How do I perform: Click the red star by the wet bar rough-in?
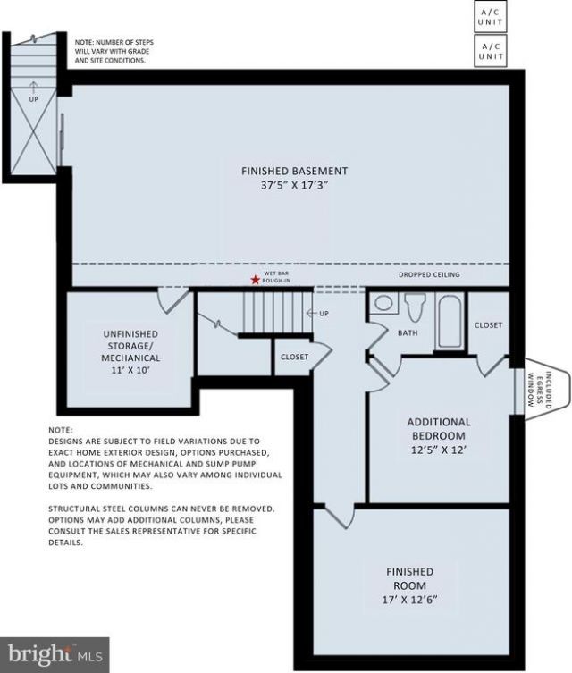256,280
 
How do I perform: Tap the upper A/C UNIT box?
491,17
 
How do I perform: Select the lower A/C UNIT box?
491,51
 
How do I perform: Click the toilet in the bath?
415,307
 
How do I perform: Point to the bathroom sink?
384,303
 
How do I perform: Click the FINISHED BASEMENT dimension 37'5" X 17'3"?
294,185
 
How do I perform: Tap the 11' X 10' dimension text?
130,369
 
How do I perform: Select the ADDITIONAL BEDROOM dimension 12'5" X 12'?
439,450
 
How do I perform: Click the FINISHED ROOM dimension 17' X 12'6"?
410,599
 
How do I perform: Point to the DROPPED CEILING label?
429,274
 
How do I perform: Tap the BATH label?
408,332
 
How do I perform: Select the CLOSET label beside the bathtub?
488,325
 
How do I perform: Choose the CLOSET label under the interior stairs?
294,357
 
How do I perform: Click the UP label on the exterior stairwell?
33,99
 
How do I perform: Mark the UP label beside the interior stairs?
324,314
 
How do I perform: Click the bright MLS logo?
55,655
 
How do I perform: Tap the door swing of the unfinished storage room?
172,303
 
